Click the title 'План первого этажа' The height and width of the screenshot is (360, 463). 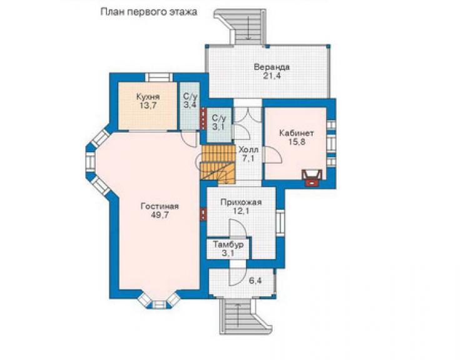pyautogui.click(x=149, y=13)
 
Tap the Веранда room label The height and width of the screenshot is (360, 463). pyautogui.click(x=272, y=67)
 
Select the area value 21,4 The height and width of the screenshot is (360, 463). pyautogui.click(x=272, y=76)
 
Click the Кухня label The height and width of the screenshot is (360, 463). pyautogui.click(x=148, y=96)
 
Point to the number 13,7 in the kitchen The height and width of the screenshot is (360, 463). pyautogui.click(x=148, y=106)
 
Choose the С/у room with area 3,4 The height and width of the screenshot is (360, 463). pyautogui.click(x=190, y=101)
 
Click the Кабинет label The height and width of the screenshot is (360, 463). pyautogui.click(x=297, y=133)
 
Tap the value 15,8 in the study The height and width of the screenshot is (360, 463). pyautogui.click(x=297, y=142)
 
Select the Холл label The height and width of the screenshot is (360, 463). pyautogui.click(x=248, y=149)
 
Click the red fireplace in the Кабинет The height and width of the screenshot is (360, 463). pyautogui.click(x=311, y=178)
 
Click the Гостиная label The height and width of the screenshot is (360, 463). pyautogui.click(x=160, y=206)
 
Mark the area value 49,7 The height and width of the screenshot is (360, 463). pyautogui.click(x=160, y=215)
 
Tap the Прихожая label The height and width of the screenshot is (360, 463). pyautogui.click(x=241, y=202)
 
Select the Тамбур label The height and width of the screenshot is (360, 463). pyautogui.click(x=228, y=245)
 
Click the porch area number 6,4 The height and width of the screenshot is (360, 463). pyautogui.click(x=255, y=280)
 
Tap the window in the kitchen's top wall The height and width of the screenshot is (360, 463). pyautogui.click(x=160, y=77)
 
